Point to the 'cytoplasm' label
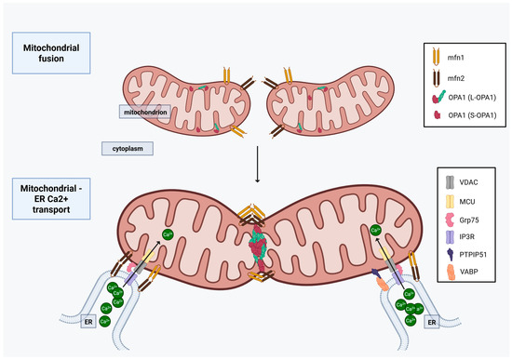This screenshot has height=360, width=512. click(x=127, y=148)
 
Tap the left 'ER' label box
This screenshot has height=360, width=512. click(x=88, y=322)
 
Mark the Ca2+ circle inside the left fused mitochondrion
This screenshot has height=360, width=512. click(x=168, y=234)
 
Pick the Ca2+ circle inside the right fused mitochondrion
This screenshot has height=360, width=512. click(x=376, y=230)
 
